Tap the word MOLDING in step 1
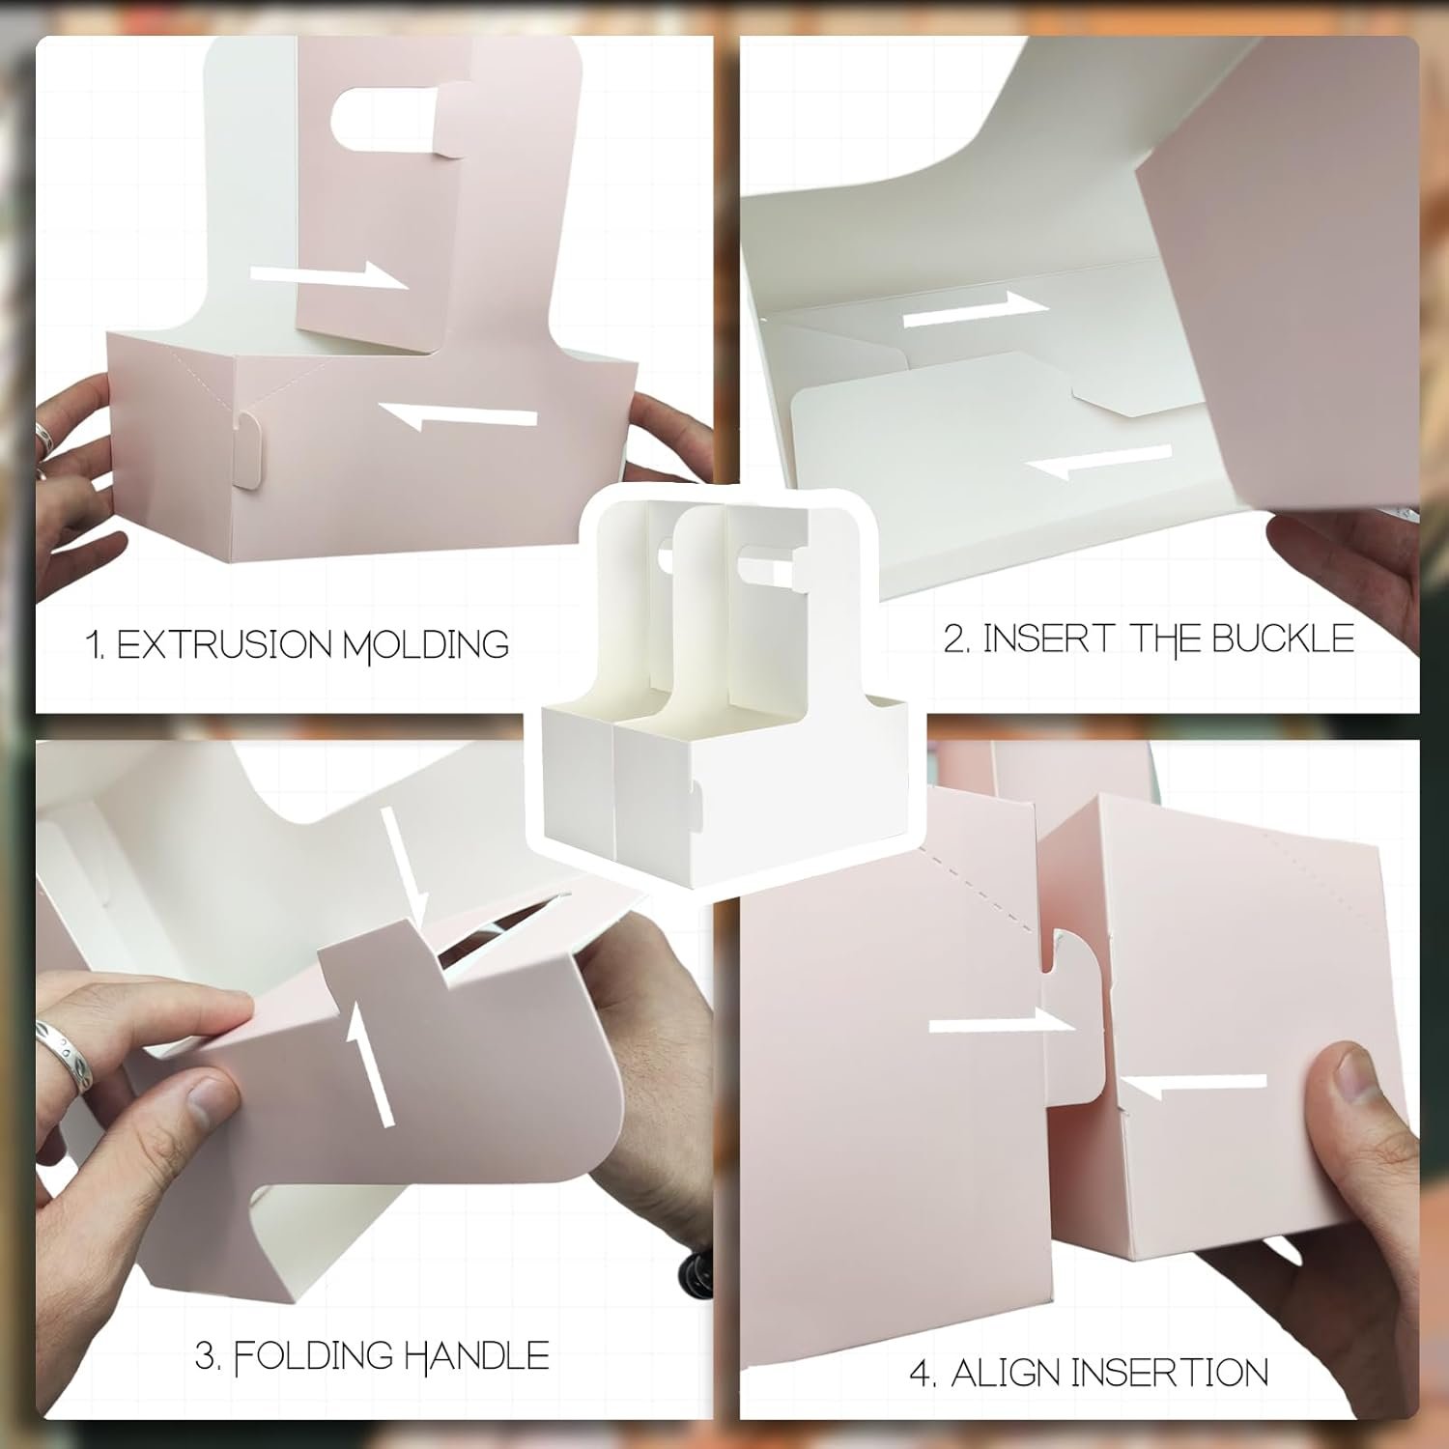pyautogui.click(x=426, y=645)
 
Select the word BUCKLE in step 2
pyautogui.click(x=1283, y=639)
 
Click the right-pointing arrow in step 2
pyautogui.click(x=975, y=309)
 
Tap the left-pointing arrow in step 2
pyautogui.click(x=1098, y=462)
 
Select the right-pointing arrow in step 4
pyautogui.click(x=1001, y=1024)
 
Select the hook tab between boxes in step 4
pyautogui.click(x=1074, y=1005)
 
